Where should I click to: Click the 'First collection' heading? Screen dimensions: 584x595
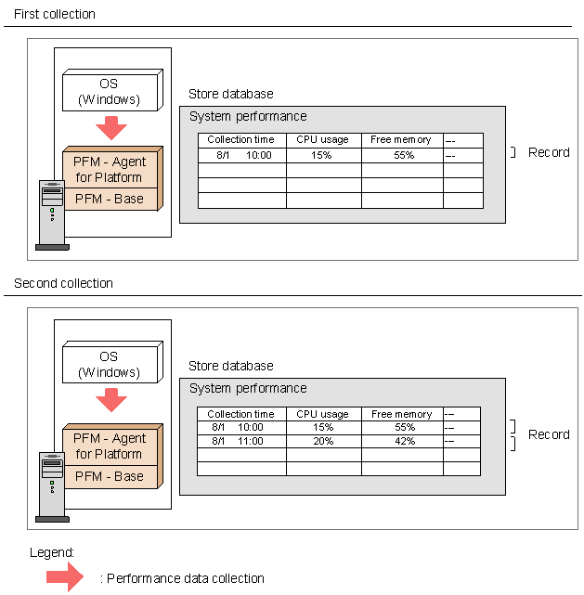point(55,14)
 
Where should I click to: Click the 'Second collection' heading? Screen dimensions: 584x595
point(63,283)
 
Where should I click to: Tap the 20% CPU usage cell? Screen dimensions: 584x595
point(324,441)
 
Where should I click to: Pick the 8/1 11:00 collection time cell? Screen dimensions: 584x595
point(241,441)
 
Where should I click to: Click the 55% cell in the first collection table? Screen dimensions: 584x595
point(402,155)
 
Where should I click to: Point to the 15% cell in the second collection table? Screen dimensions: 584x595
point(324,427)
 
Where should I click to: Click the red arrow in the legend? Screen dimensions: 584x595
point(64,576)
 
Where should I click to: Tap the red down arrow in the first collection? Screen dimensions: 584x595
point(111,128)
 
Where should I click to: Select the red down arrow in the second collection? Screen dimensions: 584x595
point(111,400)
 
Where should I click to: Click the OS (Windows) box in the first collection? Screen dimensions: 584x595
point(112,90)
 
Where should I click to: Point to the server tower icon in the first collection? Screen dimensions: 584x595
point(52,215)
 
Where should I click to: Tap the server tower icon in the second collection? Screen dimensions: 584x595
point(52,487)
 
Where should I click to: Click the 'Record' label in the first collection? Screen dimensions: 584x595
point(549,152)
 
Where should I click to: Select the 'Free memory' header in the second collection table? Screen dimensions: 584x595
point(402,414)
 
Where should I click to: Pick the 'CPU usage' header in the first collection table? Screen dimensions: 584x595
point(322,139)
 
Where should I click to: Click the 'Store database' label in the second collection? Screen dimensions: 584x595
point(231,366)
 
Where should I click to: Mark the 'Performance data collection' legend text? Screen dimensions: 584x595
point(186,578)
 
